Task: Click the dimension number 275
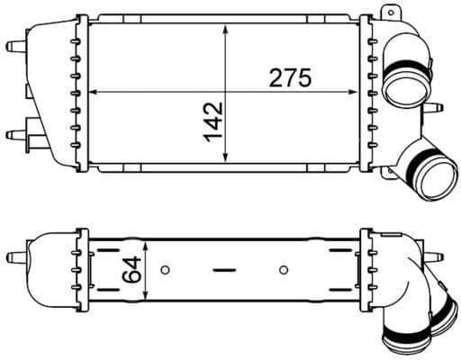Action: (x=289, y=78)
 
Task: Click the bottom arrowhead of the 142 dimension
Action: (x=225, y=159)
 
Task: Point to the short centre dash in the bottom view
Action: (x=224, y=268)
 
